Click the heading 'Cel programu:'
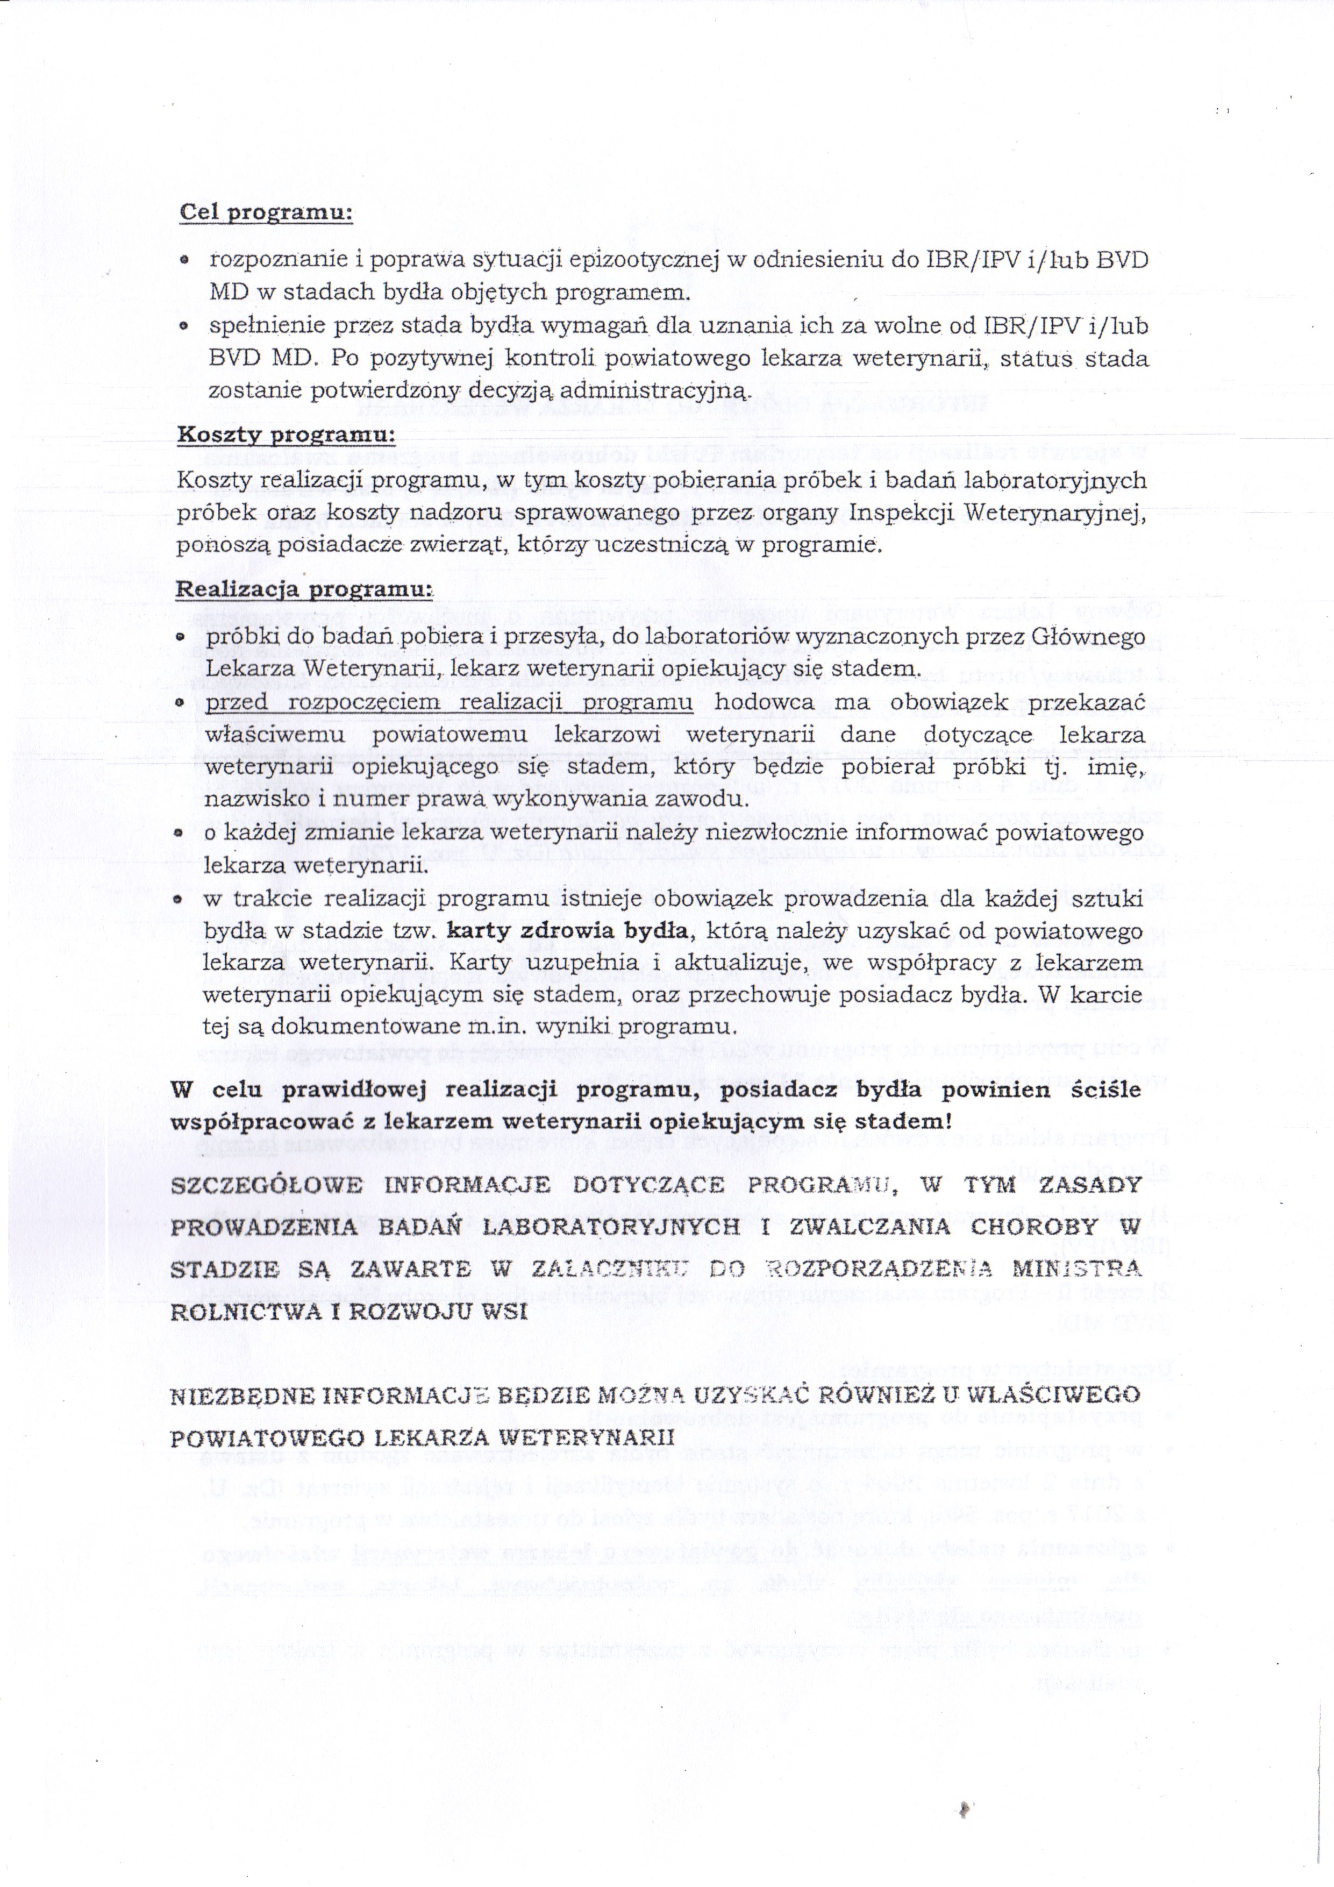coord(266,212)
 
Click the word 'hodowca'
coord(764,703)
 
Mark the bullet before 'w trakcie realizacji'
coord(179,899)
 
